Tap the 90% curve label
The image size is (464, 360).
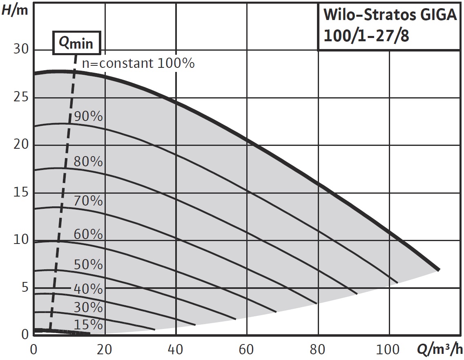[x=88, y=116]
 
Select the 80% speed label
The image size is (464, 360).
[x=88, y=162]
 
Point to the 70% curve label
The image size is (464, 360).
[x=88, y=201]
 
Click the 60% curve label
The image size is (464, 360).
[x=88, y=235]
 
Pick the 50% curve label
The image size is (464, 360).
[x=88, y=265]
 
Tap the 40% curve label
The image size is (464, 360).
[x=88, y=289]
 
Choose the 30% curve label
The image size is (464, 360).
[x=88, y=307]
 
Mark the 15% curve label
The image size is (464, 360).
[x=88, y=325]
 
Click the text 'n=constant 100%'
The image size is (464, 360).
[x=138, y=63]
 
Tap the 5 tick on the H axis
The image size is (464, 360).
[x=24, y=288]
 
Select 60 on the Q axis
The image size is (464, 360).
[x=247, y=350]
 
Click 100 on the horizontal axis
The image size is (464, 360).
[x=388, y=350]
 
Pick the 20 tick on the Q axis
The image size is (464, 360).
[x=105, y=350]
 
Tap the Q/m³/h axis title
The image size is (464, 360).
[x=440, y=350]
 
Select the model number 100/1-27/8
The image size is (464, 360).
[x=366, y=36]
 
